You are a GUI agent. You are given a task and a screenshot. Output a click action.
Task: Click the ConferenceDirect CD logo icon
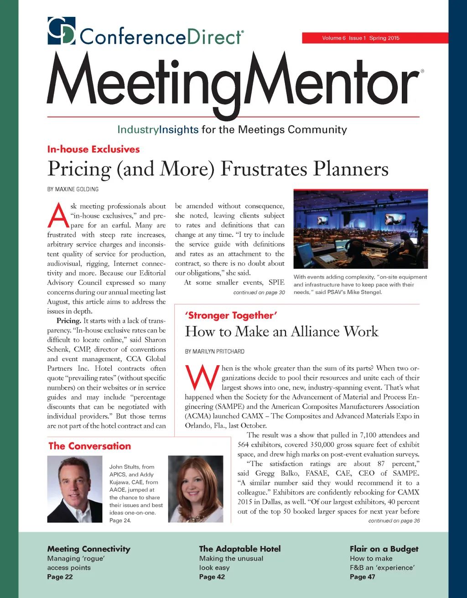point(61,31)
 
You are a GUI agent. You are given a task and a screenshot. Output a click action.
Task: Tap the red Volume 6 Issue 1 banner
point(374,38)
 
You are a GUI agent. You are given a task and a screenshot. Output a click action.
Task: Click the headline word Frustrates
point(263,169)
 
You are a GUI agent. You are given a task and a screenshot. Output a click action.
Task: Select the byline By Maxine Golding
point(73,189)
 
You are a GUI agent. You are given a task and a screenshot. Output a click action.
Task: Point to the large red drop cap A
point(58,216)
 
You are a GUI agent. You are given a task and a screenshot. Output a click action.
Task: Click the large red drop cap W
point(202,378)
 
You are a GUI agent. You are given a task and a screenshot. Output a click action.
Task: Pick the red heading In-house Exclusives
point(93,149)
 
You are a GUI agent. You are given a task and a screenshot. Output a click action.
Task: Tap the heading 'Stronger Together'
point(231,315)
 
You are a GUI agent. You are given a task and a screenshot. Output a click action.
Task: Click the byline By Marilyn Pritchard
point(214,351)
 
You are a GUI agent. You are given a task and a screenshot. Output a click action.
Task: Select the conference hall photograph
point(360,229)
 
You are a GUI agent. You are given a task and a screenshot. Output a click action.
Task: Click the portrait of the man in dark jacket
point(75,489)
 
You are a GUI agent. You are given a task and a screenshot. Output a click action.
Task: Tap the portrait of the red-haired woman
point(196,489)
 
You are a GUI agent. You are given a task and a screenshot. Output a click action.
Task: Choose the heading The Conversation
point(90,446)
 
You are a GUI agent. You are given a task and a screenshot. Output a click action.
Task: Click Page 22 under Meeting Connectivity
point(60,577)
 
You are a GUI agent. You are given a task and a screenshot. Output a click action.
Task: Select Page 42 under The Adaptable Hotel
point(212,577)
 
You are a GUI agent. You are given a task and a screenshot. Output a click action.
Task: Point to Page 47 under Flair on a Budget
point(362,577)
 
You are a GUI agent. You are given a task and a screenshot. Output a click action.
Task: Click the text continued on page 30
point(259,293)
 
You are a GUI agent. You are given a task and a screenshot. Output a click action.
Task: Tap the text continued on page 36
point(394,521)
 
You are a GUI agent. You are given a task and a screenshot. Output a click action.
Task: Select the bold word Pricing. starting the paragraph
point(69,320)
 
